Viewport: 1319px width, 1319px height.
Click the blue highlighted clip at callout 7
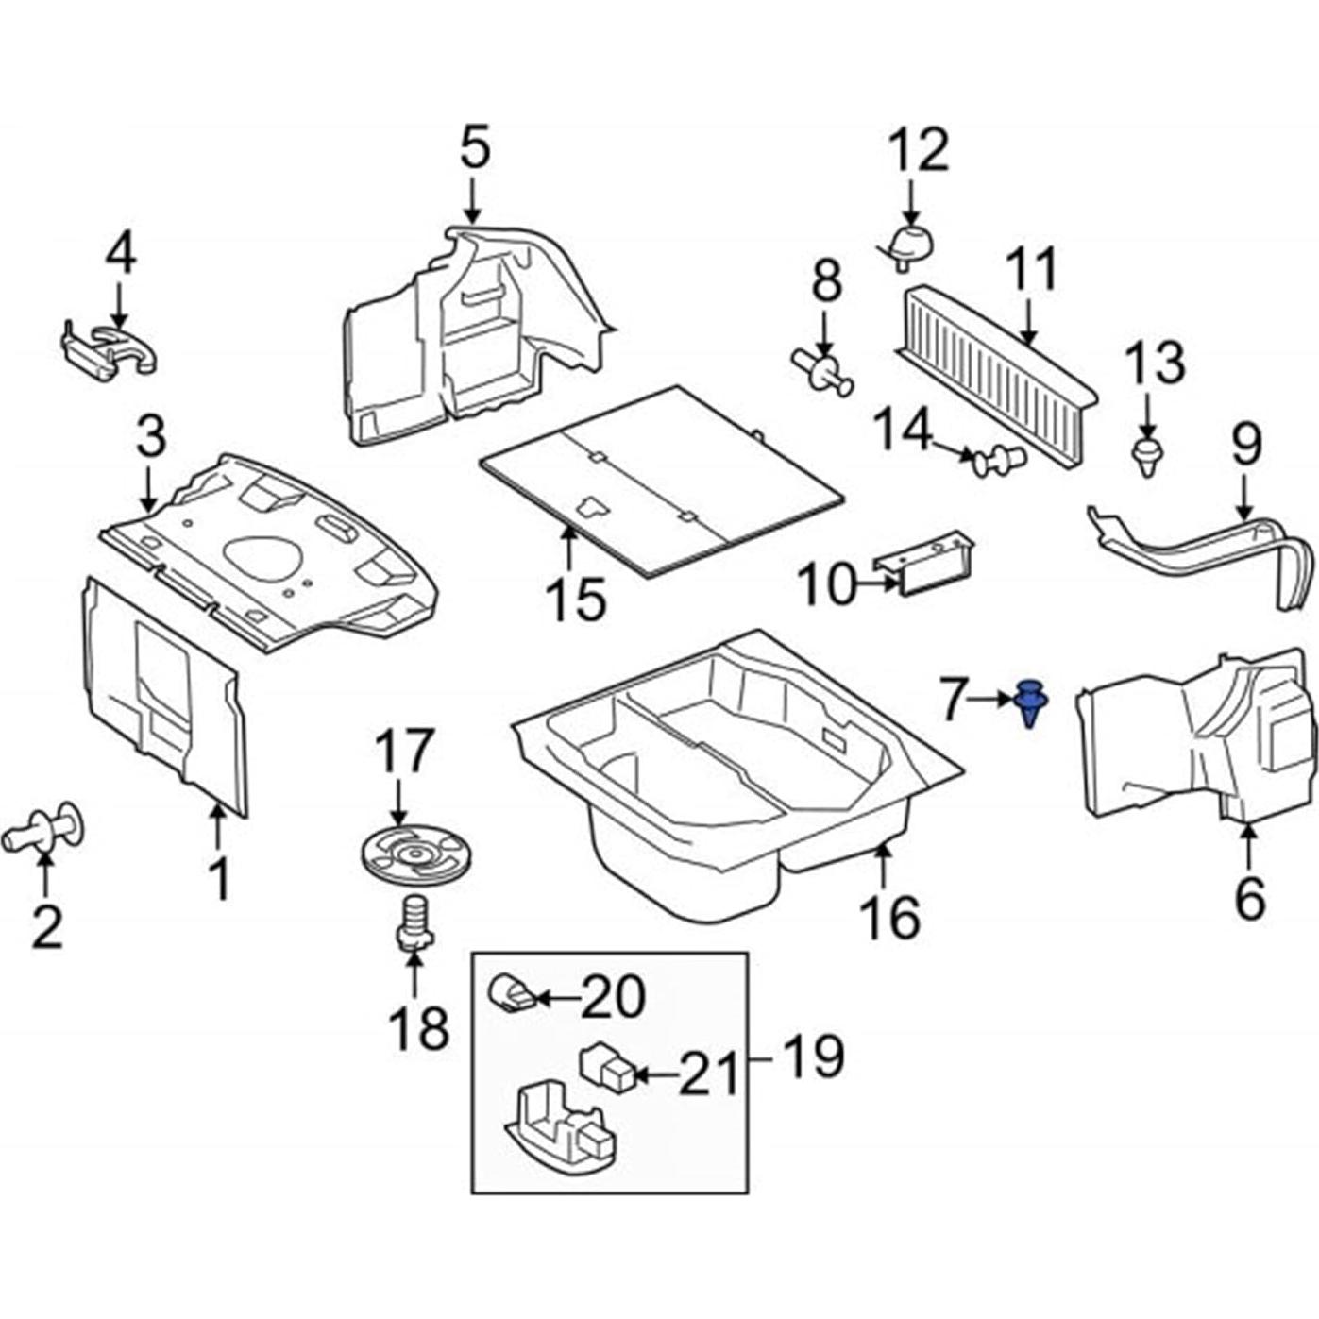click(1030, 702)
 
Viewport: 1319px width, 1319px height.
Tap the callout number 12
click(920, 150)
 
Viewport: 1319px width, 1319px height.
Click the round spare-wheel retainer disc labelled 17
click(414, 854)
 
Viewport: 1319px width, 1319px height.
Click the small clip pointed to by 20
click(510, 993)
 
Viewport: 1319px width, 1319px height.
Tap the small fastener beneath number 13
click(1146, 456)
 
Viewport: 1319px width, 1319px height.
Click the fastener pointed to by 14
click(998, 461)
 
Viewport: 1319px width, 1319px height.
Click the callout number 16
click(889, 916)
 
